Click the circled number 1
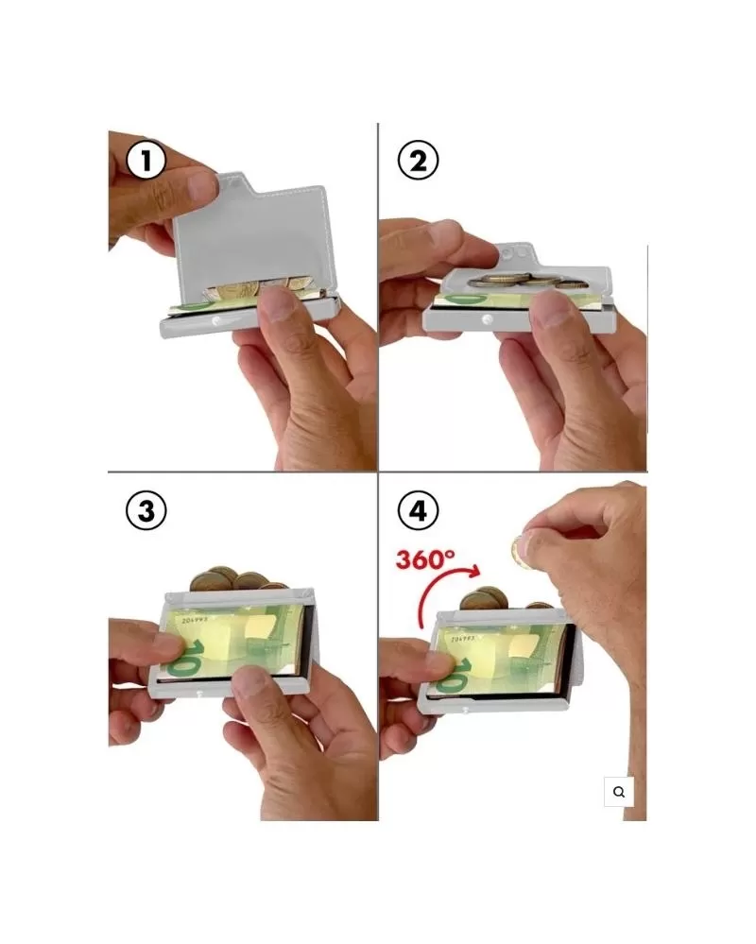click(x=146, y=160)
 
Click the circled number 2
click(x=419, y=160)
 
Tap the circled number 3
click(x=146, y=510)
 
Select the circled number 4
click(x=419, y=510)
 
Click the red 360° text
click(x=425, y=559)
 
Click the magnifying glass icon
click(x=619, y=792)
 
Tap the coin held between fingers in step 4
click(x=519, y=553)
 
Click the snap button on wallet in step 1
click(x=215, y=322)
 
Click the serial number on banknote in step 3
click(x=195, y=619)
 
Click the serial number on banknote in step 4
click(x=463, y=638)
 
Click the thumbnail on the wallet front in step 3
click(x=251, y=681)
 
